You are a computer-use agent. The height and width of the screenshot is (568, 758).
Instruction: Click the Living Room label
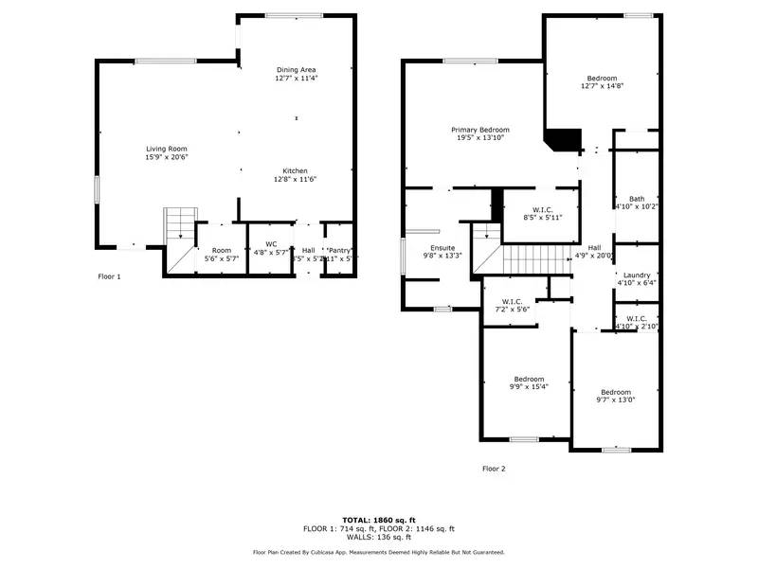click(166, 149)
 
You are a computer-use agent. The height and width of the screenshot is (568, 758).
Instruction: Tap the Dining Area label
click(296, 70)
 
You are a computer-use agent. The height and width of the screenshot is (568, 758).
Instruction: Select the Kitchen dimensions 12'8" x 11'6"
click(295, 179)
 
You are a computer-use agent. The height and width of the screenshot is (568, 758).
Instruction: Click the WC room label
click(271, 244)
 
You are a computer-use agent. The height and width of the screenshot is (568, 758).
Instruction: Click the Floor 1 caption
click(110, 276)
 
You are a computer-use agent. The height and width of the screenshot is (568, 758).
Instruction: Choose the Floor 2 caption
click(494, 469)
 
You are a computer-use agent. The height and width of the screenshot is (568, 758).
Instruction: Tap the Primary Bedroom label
click(479, 130)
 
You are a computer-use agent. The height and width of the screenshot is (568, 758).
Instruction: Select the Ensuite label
click(442, 248)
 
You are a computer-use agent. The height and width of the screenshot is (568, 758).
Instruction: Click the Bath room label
click(636, 199)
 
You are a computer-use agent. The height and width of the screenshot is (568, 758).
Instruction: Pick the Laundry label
click(636, 275)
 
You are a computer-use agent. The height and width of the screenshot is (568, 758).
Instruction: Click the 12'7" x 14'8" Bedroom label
click(602, 78)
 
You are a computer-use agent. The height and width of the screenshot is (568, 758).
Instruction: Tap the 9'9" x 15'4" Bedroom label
click(529, 378)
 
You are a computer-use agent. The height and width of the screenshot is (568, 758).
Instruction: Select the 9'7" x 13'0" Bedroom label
click(615, 392)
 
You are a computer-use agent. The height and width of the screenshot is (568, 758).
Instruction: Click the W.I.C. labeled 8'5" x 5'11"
click(542, 210)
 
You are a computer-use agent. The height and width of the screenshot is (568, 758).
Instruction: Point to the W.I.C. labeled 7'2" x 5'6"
click(512, 302)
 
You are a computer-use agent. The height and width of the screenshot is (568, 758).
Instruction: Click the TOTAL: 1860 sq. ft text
click(378, 521)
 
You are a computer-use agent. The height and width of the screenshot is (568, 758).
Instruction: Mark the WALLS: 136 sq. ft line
click(378, 537)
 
